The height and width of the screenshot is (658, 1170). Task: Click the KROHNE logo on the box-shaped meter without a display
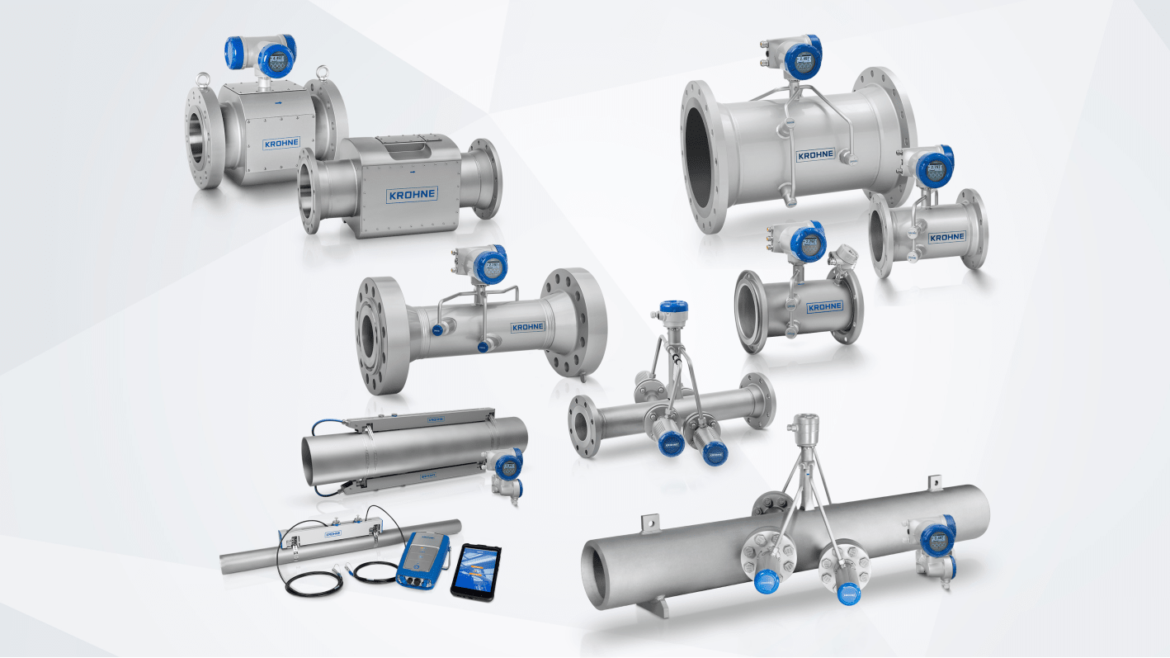click(x=411, y=195)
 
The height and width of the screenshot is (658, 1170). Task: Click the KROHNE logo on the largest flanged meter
click(x=815, y=154)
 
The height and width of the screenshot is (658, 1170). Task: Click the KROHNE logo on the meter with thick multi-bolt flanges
click(x=528, y=327)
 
